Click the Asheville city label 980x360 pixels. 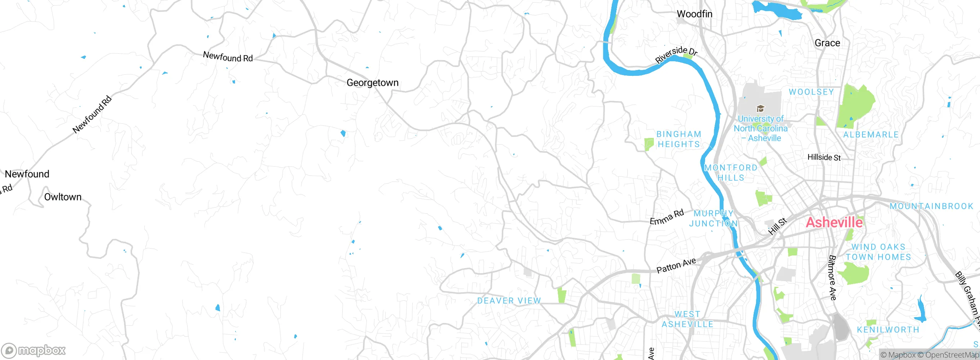point(834,223)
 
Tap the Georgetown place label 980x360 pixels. point(372,83)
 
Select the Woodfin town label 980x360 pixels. point(694,14)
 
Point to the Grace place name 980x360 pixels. point(827,43)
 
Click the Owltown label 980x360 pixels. point(63,197)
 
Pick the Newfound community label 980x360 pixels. point(27,174)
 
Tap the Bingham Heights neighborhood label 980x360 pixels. point(679,139)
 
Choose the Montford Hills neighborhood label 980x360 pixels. point(731,173)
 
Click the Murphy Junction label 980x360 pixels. point(713,218)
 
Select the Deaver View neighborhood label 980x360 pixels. point(509,301)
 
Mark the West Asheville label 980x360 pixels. point(688,319)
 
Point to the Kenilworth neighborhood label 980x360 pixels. point(888,330)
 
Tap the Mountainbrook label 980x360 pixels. point(931,206)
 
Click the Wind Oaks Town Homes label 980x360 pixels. point(878,252)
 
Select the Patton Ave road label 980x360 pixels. point(676,265)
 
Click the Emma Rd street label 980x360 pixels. point(666,217)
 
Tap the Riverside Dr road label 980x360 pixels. point(676,55)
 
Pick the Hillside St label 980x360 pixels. point(824,157)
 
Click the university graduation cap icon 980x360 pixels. point(760,109)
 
